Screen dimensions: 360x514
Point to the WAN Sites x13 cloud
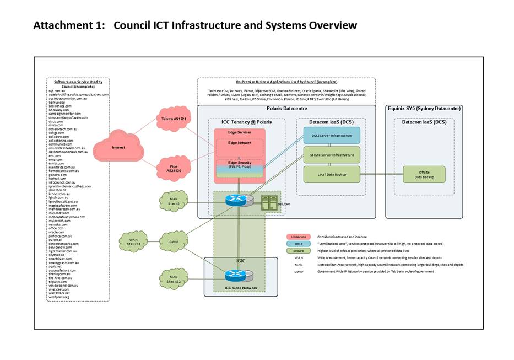coord(133,242)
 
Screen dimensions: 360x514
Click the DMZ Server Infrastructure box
coord(331,135)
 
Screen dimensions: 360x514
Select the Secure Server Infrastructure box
coord(331,155)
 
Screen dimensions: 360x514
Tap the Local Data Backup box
coord(331,174)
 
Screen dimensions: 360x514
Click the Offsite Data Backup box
coord(424,174)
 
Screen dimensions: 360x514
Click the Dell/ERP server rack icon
coord(268,202)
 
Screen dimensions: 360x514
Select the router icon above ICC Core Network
coord(237,275)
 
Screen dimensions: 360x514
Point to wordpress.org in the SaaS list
coord(59,297)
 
